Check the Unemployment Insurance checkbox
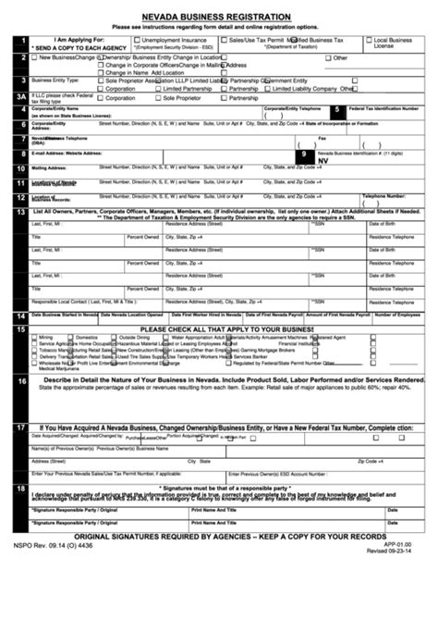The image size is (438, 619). coord(135,41)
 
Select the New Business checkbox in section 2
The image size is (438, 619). coord(35,57)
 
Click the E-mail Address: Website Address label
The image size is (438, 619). coord(63,151)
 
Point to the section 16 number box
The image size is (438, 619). coord(20,380)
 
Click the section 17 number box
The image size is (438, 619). coord(20,428)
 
